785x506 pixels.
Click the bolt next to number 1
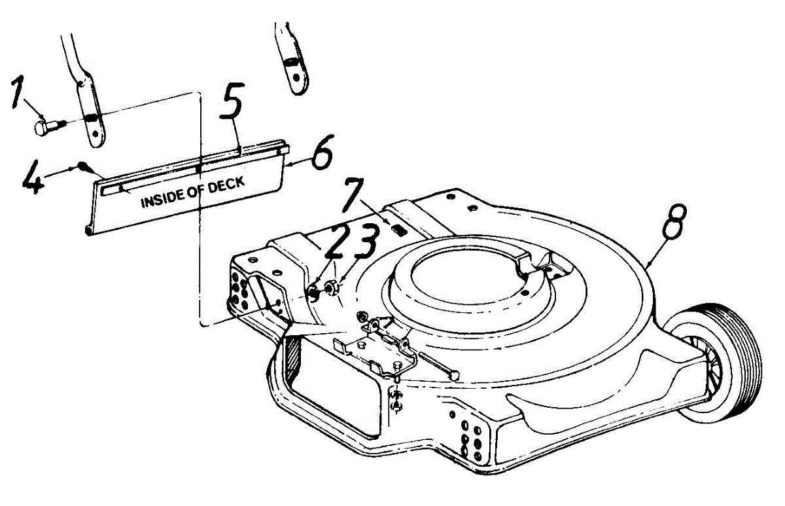pos(47,124)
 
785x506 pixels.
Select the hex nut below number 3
pos(330,286)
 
